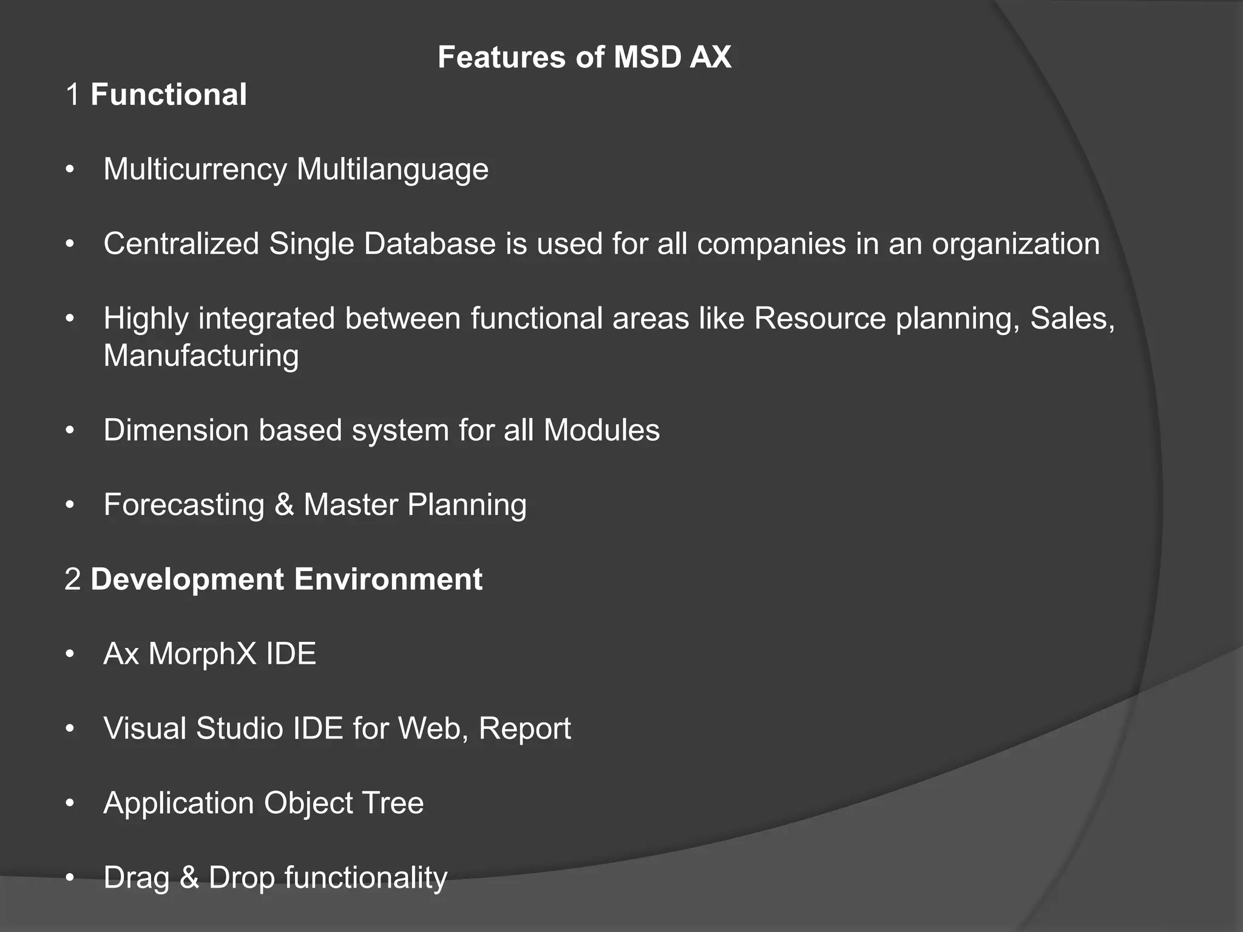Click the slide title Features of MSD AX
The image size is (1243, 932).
[584, 58]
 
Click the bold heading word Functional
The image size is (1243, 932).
[169, 95]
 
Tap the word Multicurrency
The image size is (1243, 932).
[195, 169]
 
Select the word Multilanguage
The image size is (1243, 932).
[393, 169]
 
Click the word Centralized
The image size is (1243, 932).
[181, 244]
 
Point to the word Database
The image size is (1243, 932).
[430, 244]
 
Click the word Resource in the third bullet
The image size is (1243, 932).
[820, 319]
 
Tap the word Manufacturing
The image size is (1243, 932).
[201, 356]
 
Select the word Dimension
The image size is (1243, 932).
[176, 430]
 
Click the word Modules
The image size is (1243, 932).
[601, 430]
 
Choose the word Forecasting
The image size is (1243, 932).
[184, 505]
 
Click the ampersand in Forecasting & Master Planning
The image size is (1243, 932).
[284, 505]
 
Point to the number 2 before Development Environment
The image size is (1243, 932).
[73, 579]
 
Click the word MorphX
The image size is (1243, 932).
[194, 654]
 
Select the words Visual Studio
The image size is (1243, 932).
[193, 729]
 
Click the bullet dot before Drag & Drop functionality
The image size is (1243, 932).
[70, 878]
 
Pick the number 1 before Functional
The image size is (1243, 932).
[73, 95]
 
